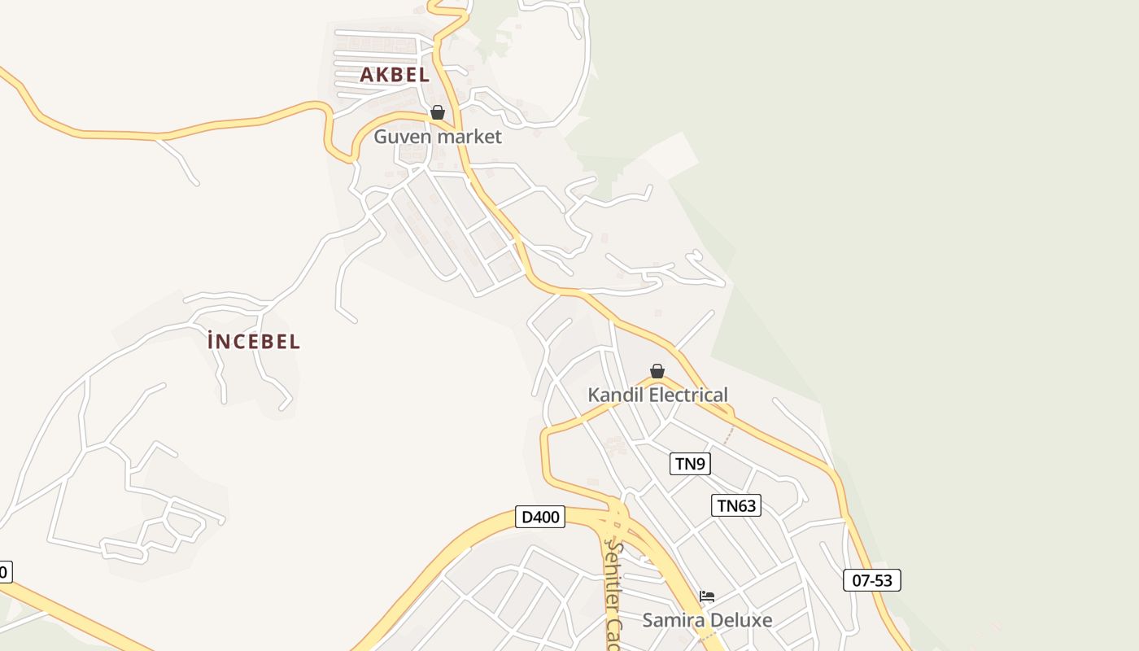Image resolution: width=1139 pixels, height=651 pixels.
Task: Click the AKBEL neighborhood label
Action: pyautogui.click(x=395, y=75)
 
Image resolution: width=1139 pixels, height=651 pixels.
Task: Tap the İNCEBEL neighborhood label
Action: pyautogui.click(x=254, y=342)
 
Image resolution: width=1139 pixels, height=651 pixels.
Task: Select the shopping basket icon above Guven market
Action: pyautogui.click(x=438, y=112)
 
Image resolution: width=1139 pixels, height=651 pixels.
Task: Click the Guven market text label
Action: pyautogui.click(x=438, y=137)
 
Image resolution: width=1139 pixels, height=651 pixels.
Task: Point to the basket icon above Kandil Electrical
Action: pyautogui.click(x=657, y=371)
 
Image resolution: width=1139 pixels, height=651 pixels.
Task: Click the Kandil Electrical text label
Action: pyautogui.click(x=657, y=395)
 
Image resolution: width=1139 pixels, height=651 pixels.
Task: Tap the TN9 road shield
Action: pyautogui.click(x=690, y=464)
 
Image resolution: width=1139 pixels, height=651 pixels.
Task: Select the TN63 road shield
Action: pyautogui.click(x=736, y=505)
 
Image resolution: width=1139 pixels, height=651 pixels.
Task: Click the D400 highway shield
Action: pyautogui.click(x=540, y=517)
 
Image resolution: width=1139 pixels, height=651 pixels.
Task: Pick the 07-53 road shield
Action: pyautogui.click(x=872, y=580)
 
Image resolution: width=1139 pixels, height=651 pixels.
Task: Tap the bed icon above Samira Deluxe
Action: pyautogui.click(x=707, y=596)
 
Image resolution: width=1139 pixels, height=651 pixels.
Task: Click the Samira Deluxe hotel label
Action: pyautogui.click(x=707, y=620)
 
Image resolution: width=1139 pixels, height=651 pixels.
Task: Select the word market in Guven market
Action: pyautogui.click(x=469, y=137)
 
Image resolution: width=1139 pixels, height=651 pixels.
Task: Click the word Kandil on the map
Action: pyautogui.click(x=614, y=395)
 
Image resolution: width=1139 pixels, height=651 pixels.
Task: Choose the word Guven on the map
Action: pyautogui.click(x=402, y=137)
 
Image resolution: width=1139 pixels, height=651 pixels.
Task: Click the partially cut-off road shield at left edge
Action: pyautogui.click(x=4, y=572)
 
